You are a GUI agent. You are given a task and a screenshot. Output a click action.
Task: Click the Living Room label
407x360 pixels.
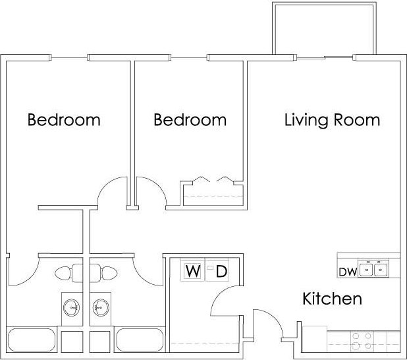(x=332, y=120)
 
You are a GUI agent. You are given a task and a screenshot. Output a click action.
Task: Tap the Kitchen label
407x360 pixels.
(x=332, y=299)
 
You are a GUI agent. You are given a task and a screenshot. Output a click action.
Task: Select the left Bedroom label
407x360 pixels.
(x=64, y=120)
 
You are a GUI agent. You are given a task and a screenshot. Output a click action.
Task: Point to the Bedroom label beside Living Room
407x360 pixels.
(x=190, y=120)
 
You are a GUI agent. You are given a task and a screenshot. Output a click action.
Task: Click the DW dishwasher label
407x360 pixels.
(x=347, y=271)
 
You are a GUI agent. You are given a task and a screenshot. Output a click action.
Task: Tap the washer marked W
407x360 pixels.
(x=192, y=270)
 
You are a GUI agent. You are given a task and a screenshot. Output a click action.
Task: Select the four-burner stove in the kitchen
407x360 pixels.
(x=360, y=340)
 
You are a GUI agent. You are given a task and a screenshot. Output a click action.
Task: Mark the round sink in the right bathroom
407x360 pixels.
(x=101, y=307)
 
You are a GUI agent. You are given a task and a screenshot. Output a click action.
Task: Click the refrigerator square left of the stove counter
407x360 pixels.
(x=314, y=338)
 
